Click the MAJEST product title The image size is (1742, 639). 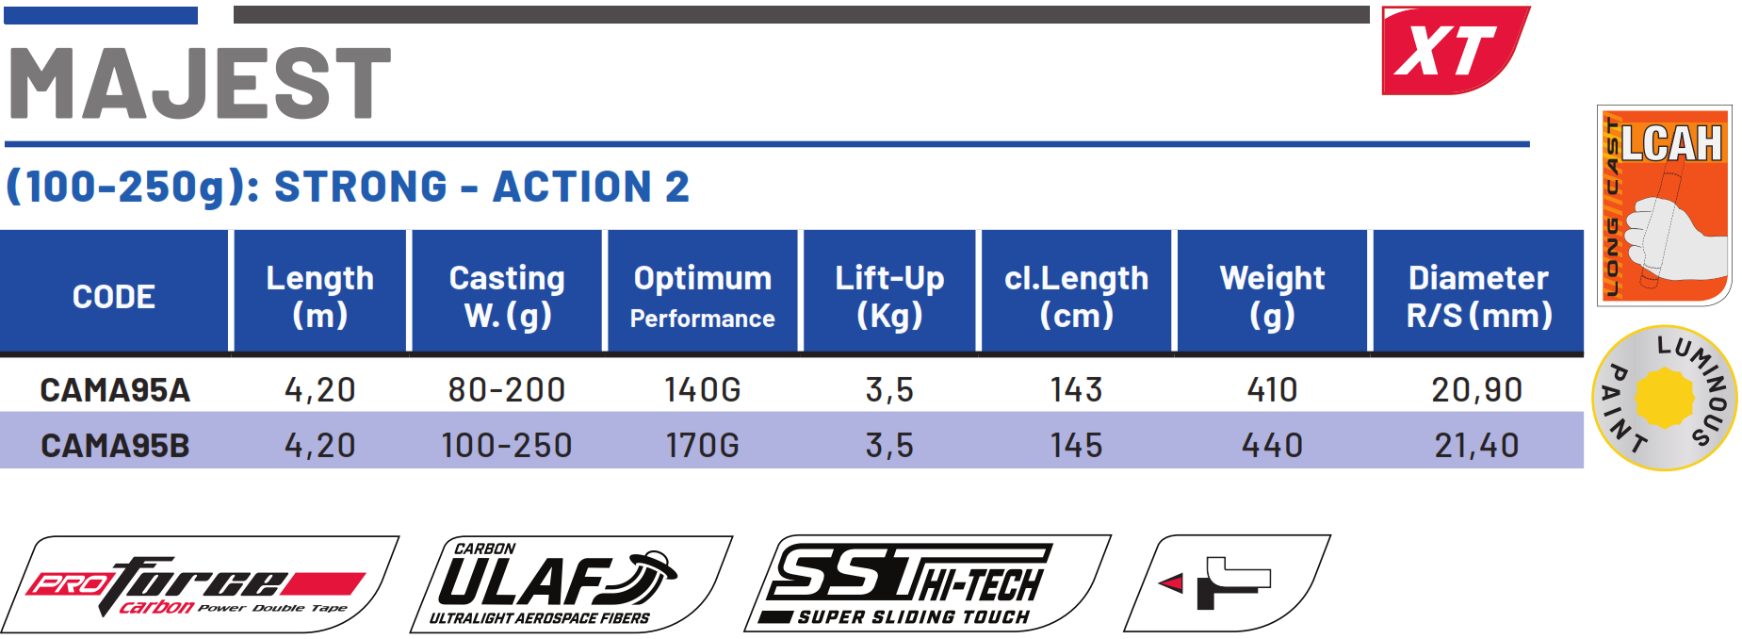point(200,84)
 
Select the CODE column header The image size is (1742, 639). point(114,297)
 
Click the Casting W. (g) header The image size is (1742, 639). point(507,296)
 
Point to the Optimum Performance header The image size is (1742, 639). point(702,296)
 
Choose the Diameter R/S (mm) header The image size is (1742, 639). point(1478,296)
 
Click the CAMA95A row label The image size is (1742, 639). point(115,390)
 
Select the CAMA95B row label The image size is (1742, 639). point(115,446)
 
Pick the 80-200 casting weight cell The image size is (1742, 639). point(507,390)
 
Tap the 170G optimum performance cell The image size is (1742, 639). point(702,446)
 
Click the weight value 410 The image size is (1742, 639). point(1272,390)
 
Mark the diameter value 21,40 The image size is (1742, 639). point(1476,446)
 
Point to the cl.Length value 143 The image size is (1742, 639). point(1076,390)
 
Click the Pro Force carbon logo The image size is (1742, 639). point(200,585)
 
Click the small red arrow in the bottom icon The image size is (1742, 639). point(1171,583)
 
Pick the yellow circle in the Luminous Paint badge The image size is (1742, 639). point(1664,399)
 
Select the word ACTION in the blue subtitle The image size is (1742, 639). point(573,187)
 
